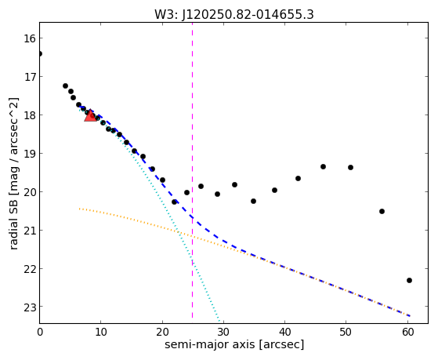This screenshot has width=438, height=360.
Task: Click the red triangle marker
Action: [x=90, y=116]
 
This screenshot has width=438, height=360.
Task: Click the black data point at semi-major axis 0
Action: [x=40, y=53]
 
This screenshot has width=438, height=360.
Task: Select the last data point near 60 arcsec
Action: [x=409, y=280]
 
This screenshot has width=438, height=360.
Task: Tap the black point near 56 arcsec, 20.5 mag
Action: [x=382, y=211]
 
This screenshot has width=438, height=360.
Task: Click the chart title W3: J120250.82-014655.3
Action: [x=234, y=14]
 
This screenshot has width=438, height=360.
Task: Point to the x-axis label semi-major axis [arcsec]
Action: [x=234, y=344]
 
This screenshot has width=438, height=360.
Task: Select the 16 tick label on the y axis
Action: [x=30, y=38]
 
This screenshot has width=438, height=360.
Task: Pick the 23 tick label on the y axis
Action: [x=30, y=307]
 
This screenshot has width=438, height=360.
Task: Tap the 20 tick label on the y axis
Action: [x=30, y=192]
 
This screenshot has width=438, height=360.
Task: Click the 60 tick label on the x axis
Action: [x=407, y=332]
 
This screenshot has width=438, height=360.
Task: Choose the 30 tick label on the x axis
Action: [x=223, y=332]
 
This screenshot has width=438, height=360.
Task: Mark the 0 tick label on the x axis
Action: [x=40, y=332]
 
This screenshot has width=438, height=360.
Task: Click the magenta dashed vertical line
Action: [x=192, y=170]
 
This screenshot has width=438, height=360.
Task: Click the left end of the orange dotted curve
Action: [x=79, y=209]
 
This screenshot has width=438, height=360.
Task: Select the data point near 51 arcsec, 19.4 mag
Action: [x=350, y=167]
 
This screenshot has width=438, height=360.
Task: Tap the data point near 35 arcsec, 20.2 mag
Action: [x=253, y=201]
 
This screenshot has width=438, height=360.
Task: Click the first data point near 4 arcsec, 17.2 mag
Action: [x=65, y=85]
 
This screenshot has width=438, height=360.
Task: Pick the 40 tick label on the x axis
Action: [x=284, y=332]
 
